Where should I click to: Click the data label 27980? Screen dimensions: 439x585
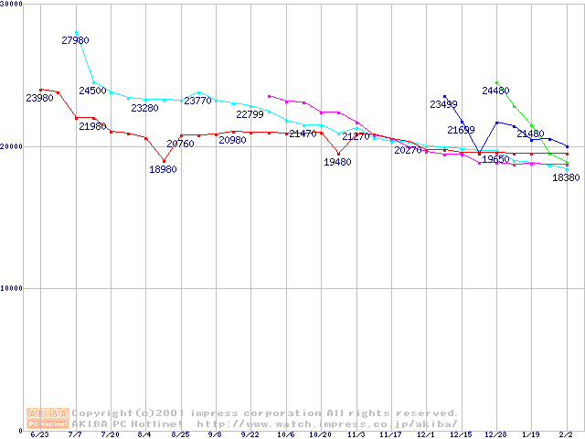point(75,40)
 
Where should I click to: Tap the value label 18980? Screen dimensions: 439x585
point(164,169)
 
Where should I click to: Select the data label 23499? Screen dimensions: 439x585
point(443,104)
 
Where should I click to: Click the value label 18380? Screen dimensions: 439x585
point(566,178)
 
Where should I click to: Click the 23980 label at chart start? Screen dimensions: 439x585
point(39,98)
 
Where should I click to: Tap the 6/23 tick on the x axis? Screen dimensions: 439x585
point(40,434)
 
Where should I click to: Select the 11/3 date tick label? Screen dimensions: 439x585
point(356,434)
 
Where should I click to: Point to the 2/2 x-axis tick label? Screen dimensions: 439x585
point(567,434)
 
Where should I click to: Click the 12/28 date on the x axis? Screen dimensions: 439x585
point(496,434)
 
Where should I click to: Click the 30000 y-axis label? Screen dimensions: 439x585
point(13,5)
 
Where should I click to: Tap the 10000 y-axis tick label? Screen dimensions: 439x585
point(13,288)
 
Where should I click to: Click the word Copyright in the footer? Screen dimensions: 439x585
point(102,413)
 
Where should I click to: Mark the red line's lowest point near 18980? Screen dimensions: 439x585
point(164,160)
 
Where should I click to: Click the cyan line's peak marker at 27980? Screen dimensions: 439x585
point(76,32)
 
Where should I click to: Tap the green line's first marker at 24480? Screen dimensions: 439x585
point(496,82)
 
